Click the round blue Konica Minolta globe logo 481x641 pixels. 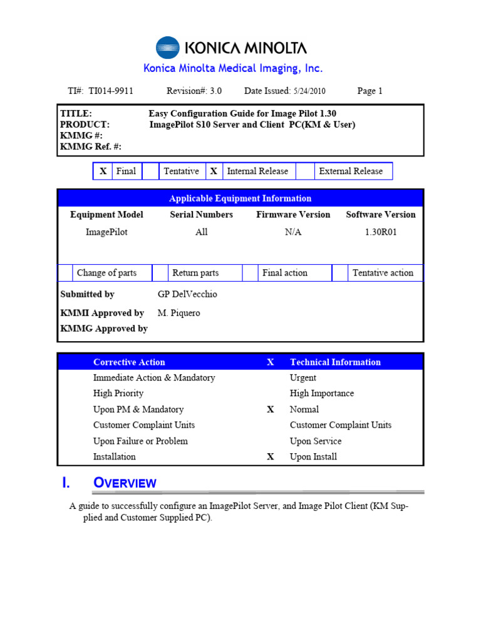click(x=167, y=48)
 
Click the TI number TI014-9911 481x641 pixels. click(x=110, y=91)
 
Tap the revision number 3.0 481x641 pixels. click(x=215, y=91)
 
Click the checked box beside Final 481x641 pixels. click(x=103, y=171)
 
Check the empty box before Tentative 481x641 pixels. click(x=150, y=171)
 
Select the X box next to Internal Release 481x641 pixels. click(x=214, y=171)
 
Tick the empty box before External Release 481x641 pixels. click(x=304, y=171)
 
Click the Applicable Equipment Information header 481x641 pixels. click(x=240, y=198)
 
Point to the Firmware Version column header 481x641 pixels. click(x=293, y=215)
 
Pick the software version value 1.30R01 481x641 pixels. click(x=381, y=232)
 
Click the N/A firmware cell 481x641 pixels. click(x=293, y=232)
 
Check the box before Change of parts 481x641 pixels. click(x=65, y=273)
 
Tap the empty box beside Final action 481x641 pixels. click(x=250, y=273)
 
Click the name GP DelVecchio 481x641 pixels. click(x=187, y=294)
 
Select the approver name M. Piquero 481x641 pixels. click(x=179, y=313)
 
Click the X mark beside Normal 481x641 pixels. click(x=271, y=409)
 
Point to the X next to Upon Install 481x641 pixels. click(x=271, y=457)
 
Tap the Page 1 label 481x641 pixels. click(x=370, y=91)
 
